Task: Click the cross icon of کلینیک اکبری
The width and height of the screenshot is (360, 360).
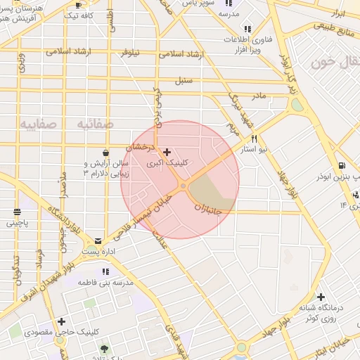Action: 167,152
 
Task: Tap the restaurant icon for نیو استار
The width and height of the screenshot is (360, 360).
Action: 254,139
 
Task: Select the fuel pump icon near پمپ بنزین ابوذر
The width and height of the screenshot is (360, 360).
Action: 341,166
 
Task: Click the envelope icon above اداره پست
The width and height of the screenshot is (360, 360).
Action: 98,240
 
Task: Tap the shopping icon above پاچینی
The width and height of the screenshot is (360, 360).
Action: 18,212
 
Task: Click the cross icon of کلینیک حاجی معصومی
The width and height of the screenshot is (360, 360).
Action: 62,321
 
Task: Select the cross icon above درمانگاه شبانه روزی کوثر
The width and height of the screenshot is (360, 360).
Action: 321,297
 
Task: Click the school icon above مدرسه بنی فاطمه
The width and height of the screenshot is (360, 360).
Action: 105,271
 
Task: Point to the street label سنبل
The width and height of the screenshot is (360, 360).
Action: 184,80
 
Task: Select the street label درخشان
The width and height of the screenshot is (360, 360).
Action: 139,148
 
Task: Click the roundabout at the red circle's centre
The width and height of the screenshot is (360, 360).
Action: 183,186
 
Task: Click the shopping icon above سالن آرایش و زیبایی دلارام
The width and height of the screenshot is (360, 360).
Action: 105,152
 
